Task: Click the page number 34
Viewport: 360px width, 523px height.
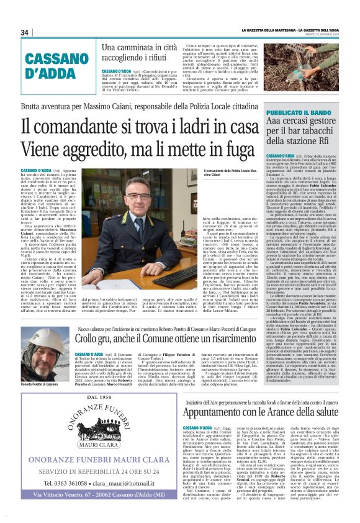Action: [25, 32]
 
